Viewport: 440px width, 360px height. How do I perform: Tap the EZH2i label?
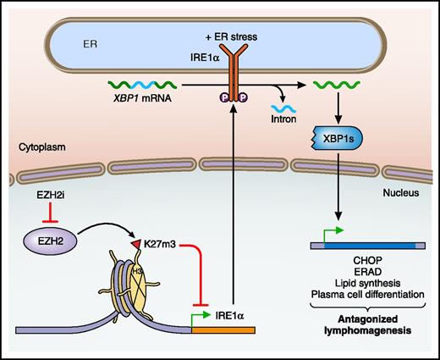[55, 196]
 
